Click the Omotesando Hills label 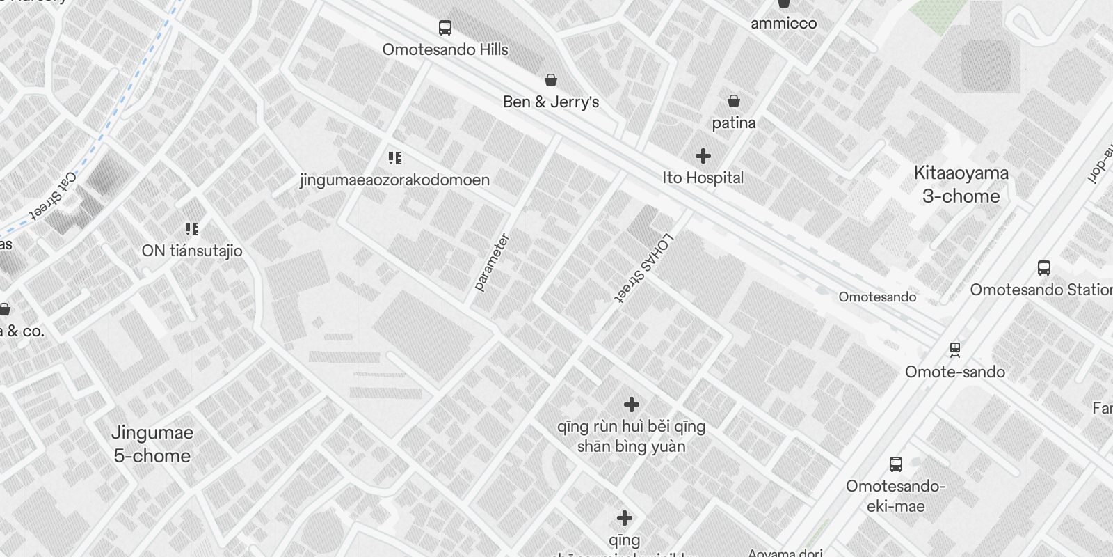(x=445, y=49)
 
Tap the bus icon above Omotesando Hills (x=445, y=28)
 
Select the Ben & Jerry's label (x=551, y=102)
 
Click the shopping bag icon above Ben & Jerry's (x=551, y=81)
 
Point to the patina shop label (x=733, y=123)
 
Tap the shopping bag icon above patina (x=733, y=102)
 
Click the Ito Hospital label (x=703, y=178)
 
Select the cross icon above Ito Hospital (x=703, y=155)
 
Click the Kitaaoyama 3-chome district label (x=961, y=185)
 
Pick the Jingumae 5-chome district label (x=152, y=444)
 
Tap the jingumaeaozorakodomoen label (x=394, y=180)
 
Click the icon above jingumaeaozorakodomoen (x=395, y=158)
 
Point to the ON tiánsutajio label (x=192, y=251)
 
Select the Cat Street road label (x=54, y=196)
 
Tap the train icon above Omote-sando (x=955, y=349)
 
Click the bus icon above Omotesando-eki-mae (x=896, y=464)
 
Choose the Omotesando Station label (x=1041, y=290)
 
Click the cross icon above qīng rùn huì (x=631, y=405)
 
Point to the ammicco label (x=783, y=23)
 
